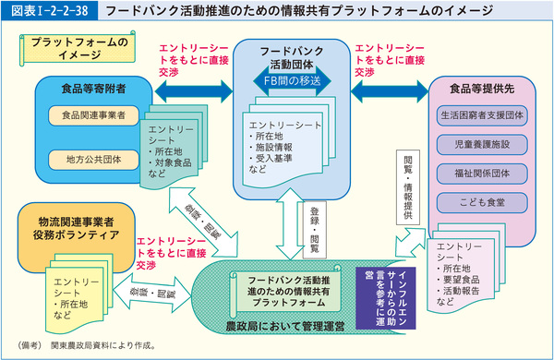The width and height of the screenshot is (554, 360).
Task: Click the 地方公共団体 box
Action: [88, 158]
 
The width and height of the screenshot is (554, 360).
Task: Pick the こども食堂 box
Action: [483, 199]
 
